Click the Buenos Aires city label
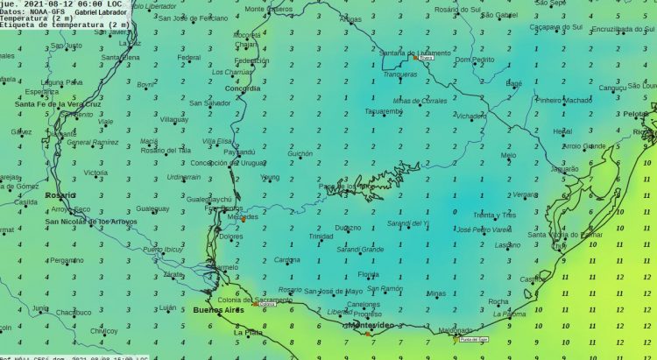pos(218,310)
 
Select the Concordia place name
pos(243,88)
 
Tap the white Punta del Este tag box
pos(473,338)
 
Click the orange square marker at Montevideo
pos(368,334)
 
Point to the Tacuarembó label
pos(383,111)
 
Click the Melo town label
pos(508,155)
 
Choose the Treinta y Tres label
pos(494,215)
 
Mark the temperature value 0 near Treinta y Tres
pos(454,211)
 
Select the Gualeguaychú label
pos(208,200)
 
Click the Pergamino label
pos(67,260)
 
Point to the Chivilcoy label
pos(102,331)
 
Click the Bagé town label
pos(514,83)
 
